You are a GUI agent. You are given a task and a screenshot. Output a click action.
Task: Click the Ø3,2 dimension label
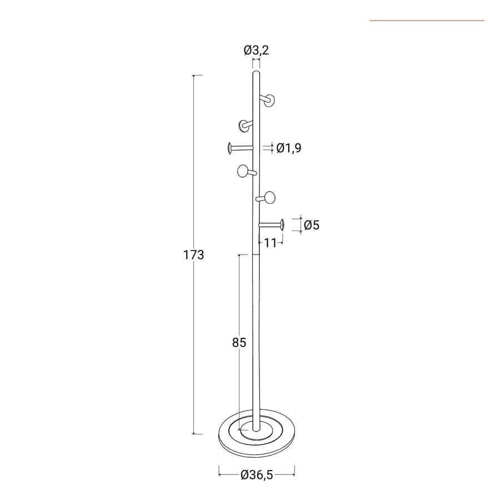tap(256, 51)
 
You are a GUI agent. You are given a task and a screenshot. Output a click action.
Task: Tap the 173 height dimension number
tap(193, 255)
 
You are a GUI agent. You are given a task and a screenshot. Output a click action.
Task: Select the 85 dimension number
tap(239, 342)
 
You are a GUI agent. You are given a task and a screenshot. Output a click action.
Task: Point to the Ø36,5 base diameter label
tap(257, 475)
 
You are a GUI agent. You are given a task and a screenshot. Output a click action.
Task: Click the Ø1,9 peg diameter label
tap(289, 148)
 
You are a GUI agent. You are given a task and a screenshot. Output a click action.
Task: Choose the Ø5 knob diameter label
tap(312, 225)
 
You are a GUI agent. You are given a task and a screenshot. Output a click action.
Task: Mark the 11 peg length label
tap(271, 243)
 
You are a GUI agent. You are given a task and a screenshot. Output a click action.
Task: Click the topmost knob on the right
tap(269, 101)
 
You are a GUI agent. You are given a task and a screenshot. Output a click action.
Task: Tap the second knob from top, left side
tap(244, 126)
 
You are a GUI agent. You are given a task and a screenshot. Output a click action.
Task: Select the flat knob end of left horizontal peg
tap(230, 148)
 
